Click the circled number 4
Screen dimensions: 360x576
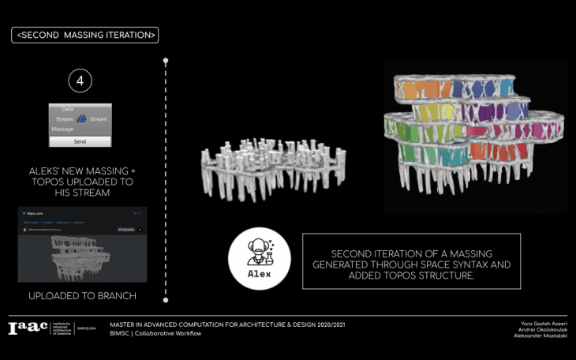coord(80,81)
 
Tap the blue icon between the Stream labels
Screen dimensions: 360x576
coord(80,118)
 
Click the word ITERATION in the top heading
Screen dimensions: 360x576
coord(125,35)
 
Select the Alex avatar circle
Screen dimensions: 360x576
coord(260,259)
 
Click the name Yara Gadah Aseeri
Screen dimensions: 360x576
coord(544,324)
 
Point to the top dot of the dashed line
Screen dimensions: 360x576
coord(165,60)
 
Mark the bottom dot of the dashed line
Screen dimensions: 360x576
coord(165,300)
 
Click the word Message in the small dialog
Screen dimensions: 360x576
coord(62,129)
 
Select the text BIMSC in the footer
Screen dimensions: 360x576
coord(122,334)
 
